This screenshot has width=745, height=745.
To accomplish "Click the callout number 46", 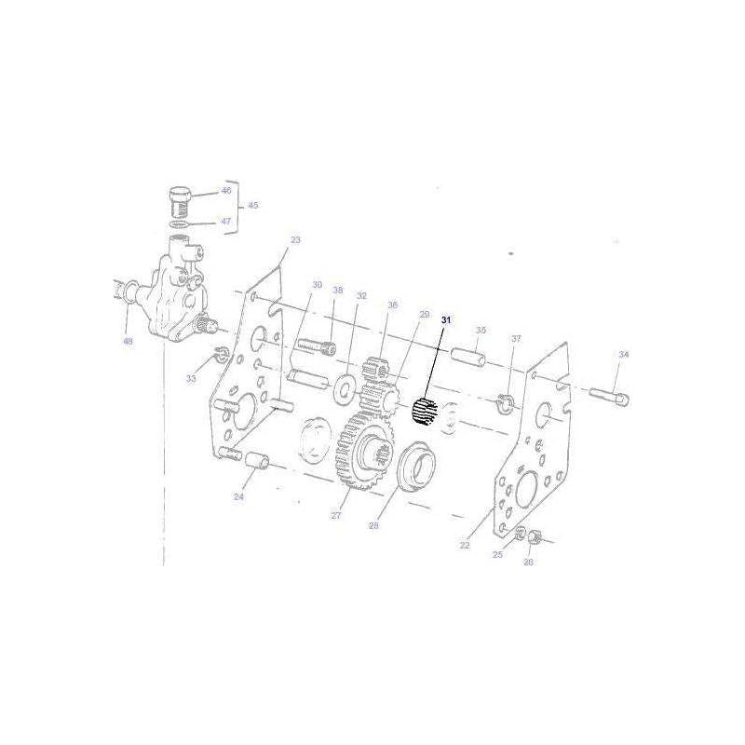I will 225,191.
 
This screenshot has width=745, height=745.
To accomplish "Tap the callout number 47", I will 225,222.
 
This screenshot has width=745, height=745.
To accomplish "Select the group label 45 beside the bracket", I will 252,206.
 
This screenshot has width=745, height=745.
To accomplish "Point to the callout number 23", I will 295,240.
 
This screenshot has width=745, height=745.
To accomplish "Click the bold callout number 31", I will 446,320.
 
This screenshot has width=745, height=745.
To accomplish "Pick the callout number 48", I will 128,341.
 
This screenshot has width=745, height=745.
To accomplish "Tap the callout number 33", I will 191,379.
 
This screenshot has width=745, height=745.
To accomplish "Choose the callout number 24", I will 238,497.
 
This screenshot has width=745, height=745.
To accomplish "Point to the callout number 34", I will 624,355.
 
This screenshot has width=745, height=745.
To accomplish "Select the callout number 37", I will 516,339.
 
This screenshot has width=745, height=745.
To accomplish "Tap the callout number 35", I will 481,331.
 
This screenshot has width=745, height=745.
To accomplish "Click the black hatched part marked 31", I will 426,411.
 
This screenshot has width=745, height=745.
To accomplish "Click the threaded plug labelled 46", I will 180,198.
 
